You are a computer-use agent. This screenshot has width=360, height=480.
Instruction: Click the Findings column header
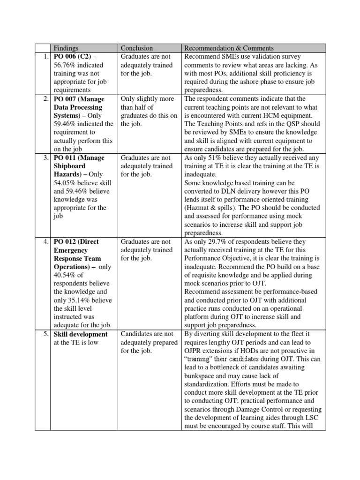coord(66,48)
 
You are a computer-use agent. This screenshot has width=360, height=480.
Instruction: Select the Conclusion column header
coord(137,48)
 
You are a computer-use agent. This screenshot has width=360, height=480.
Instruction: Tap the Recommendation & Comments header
coord(229,48)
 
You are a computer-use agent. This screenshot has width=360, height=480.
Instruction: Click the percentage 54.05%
coord(66,183)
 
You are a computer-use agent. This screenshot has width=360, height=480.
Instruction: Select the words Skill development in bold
coord(80,334)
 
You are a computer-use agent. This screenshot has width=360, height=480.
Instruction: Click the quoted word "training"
coord(201,360)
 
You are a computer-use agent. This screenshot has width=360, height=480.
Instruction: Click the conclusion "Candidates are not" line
coord(147,334)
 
